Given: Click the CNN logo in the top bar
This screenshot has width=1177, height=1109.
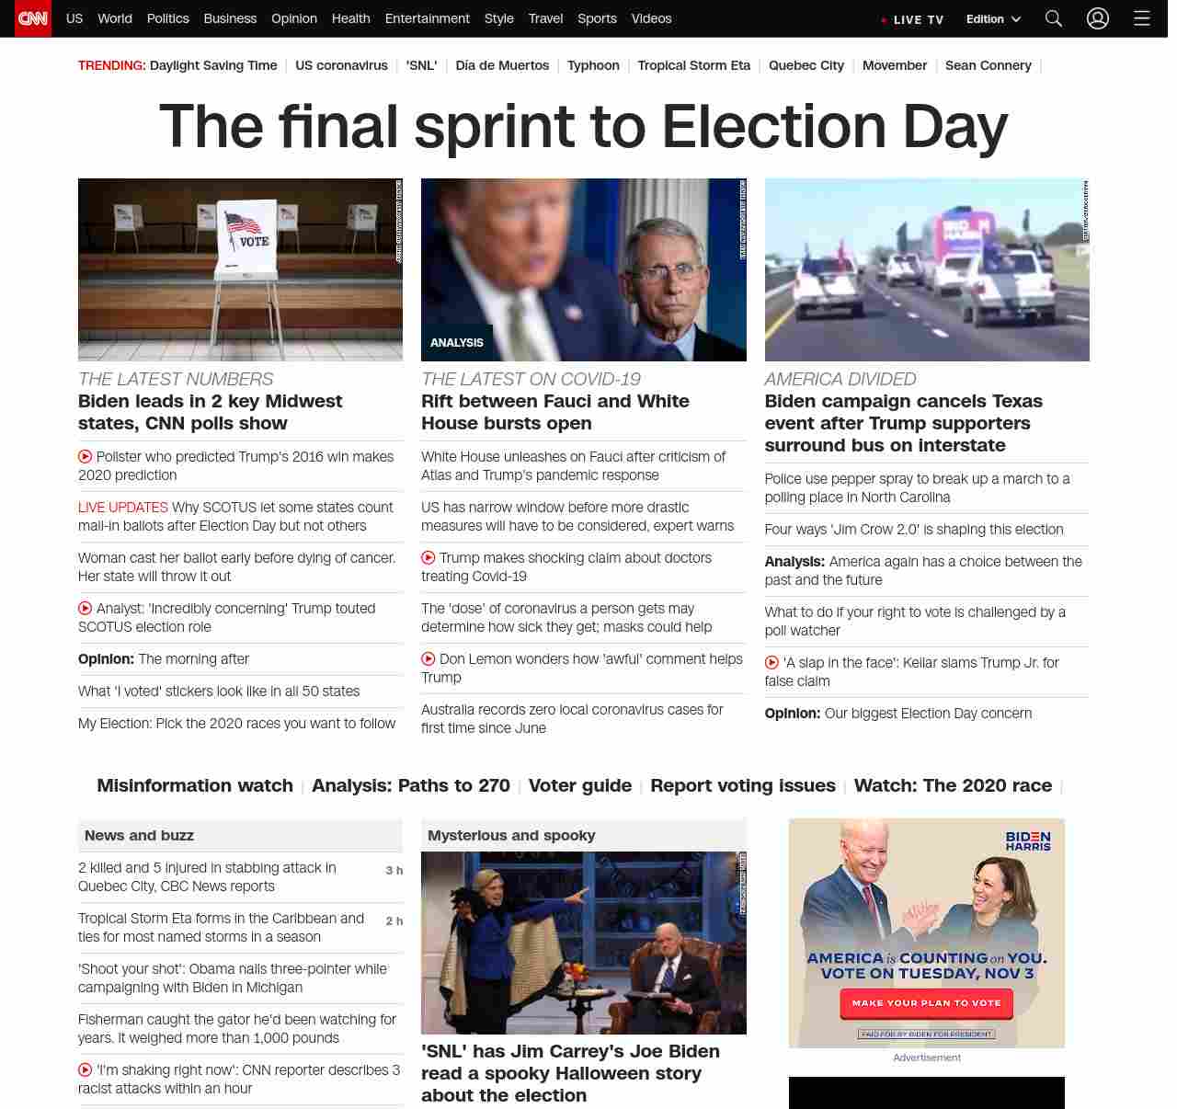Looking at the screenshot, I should click(x=33, y=18).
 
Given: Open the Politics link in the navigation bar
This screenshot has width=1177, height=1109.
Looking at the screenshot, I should click(x=167, y=18).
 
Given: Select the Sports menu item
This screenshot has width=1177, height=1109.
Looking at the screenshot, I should click(x=597, y=18).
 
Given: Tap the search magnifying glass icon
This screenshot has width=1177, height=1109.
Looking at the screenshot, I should click(x=1054, y=18).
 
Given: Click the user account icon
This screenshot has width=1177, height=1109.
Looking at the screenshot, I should click(x=1098, y=18).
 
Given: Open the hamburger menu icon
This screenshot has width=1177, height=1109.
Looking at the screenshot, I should click(x=1142, y=18).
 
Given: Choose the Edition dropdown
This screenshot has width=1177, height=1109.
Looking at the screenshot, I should click(x=993, y=19).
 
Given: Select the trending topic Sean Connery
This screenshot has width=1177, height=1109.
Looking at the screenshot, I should click(x=988, y=65).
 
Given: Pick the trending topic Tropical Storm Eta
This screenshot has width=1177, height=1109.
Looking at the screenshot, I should click(x=693, y=65).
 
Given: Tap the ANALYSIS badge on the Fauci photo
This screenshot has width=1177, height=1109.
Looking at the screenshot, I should click(x=457, y=342).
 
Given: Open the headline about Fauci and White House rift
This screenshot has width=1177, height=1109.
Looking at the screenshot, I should click(x=554, y=412).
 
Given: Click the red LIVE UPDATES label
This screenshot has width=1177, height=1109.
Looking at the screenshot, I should click(x=123, y=508).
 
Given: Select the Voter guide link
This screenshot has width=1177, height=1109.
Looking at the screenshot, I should click(x=579, y=785).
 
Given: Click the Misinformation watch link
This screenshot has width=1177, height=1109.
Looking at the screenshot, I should click(x=195, y=785).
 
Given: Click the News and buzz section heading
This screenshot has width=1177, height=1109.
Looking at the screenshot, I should click(x=139, y=835).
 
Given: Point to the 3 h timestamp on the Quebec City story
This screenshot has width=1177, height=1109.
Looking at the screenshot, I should click(x=394, y=870).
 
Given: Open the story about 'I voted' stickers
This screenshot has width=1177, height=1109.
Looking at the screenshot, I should click(x=219, y=692).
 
